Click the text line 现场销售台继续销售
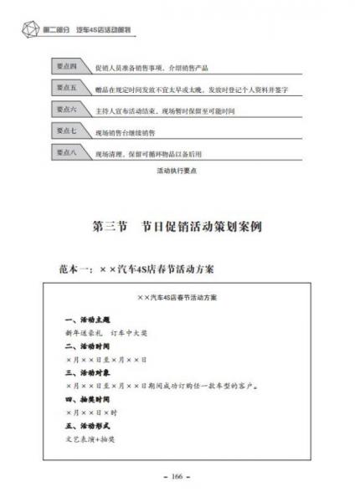[125, 132]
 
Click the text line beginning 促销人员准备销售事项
[150, 67]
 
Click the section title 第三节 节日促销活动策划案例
[180, 226]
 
